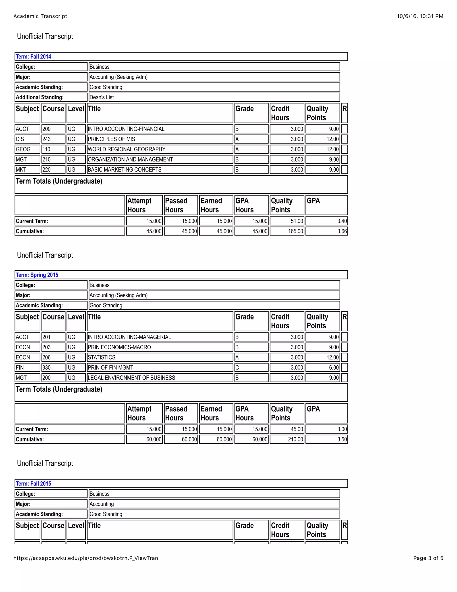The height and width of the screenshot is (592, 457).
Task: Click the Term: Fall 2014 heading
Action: click(33, 57)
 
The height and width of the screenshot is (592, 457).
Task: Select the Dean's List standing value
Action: click(102, 97)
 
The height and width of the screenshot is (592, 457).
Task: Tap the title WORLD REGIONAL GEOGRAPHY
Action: click(127, 149)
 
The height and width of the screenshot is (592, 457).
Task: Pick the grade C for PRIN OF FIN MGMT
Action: click(237, 367)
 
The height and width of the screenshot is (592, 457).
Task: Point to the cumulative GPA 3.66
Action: click(342, 231)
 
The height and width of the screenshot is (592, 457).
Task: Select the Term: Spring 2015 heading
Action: click(37, 275)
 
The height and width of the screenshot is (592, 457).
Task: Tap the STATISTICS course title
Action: click(102, 357)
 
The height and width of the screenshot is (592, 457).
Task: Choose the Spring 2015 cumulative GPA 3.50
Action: click(342, 439)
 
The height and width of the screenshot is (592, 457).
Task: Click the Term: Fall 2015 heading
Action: click(33, 484)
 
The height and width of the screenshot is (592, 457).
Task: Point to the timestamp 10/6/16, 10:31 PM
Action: click(420, 16)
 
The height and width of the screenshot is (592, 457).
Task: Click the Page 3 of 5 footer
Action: click(428, 558)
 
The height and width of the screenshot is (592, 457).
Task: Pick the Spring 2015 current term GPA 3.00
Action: click(342, 429)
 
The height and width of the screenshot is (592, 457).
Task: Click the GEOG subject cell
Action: click(23, 149)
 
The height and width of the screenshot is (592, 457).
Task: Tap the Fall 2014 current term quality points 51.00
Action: click(297, 221)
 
